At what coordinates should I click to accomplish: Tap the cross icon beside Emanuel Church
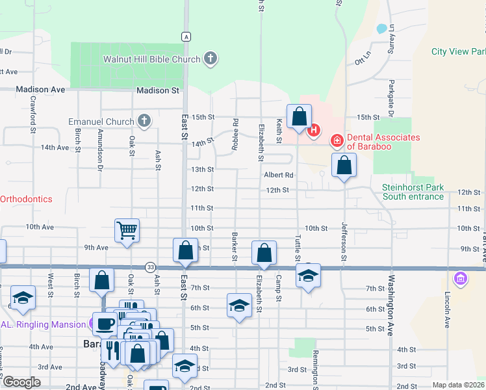(144, 122)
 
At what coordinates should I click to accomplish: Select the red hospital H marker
(314, 130)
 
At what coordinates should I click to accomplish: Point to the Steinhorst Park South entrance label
(413, 192)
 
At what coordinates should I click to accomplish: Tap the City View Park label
(457, 52)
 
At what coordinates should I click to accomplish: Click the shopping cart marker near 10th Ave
(127, 230)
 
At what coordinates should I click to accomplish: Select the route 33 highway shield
(151, 267)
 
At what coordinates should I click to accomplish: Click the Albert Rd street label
(279, 175)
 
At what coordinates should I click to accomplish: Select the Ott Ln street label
(362, 58)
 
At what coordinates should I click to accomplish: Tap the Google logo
(22, 382)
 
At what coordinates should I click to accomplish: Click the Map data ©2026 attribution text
(458, 385)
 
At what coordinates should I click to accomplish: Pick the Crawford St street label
(32, 115)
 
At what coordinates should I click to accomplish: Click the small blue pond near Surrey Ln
(381, 29)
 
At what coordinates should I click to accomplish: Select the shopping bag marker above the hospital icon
(299, 117)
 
